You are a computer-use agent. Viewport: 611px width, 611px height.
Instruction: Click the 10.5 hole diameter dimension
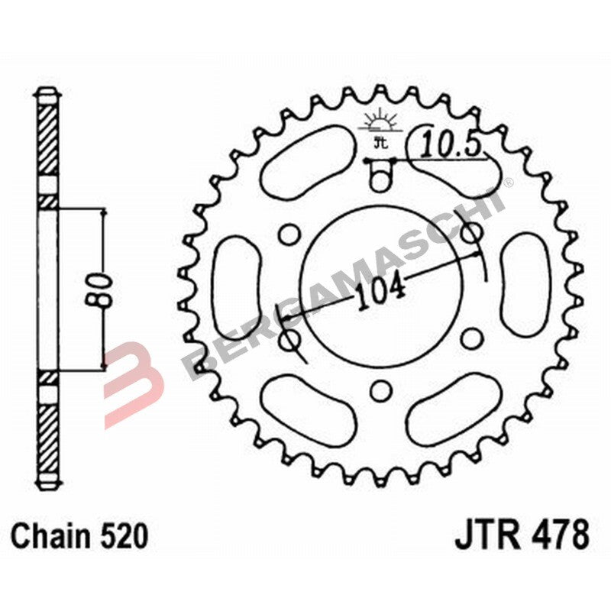click(x=457, y=144)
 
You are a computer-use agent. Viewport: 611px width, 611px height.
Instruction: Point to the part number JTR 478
click(x=522, y=535)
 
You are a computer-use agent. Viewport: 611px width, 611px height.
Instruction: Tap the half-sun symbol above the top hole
click(x=379, y=121)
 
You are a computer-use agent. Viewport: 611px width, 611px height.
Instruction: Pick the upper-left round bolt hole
click(x=288, y=232)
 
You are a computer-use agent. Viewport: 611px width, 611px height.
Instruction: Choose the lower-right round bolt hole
click(x=471, y=338)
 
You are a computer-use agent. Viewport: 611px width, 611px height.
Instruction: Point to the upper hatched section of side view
click(x=48, y=141)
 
